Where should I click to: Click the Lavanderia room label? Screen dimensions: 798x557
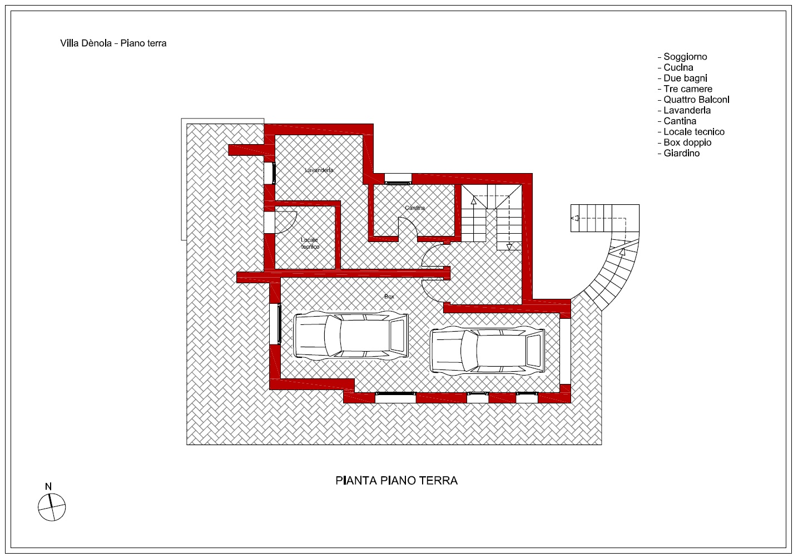(x=319, y=170)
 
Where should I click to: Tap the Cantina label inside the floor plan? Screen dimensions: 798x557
(x=415, y=208)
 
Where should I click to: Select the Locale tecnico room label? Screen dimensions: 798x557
(x=310, y=243)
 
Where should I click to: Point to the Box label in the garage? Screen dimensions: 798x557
(x=389, y=296)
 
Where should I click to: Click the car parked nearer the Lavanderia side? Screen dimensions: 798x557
(x=350, y=335)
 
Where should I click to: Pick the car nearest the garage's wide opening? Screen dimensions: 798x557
(x=487, y=351)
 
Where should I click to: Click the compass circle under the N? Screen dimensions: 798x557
(x=52, y=507)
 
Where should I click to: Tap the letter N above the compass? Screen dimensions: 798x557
(x=48, y=486)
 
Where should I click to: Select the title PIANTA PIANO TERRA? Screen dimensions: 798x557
(x=396, y=480)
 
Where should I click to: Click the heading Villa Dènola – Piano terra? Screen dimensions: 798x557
(x=113, y=43)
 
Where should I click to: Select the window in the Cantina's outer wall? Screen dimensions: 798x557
(x=398, y=179)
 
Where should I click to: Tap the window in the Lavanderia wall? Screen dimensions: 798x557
(x=270, y=173)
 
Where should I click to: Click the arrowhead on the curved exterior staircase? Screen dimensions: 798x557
(x=622, y=252)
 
